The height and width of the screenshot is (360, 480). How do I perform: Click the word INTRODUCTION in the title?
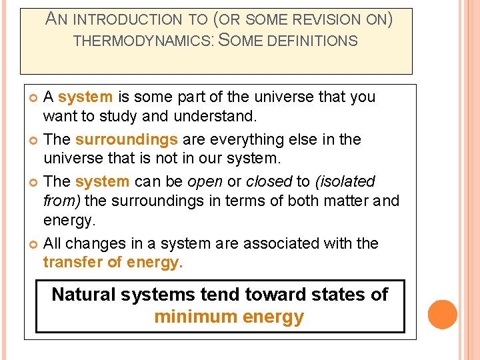pos(125,21)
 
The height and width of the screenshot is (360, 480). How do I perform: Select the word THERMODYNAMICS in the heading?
pos(142,41)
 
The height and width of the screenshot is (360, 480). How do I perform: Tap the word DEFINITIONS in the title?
pos(312,41)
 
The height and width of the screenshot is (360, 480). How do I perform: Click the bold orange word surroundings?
pos(127,139)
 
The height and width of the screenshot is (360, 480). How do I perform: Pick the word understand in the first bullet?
pos(215,117)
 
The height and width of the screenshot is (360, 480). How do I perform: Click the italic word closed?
pos(269,181)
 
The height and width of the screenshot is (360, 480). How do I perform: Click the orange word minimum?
pos(189,317)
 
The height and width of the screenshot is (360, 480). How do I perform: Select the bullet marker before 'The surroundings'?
pos(34,140)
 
